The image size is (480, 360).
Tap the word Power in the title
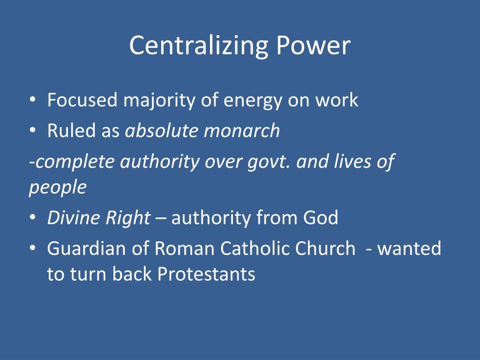313,46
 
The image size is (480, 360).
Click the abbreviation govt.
270,162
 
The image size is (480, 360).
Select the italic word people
58,187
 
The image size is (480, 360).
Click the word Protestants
206,274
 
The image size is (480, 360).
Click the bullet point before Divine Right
32,218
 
